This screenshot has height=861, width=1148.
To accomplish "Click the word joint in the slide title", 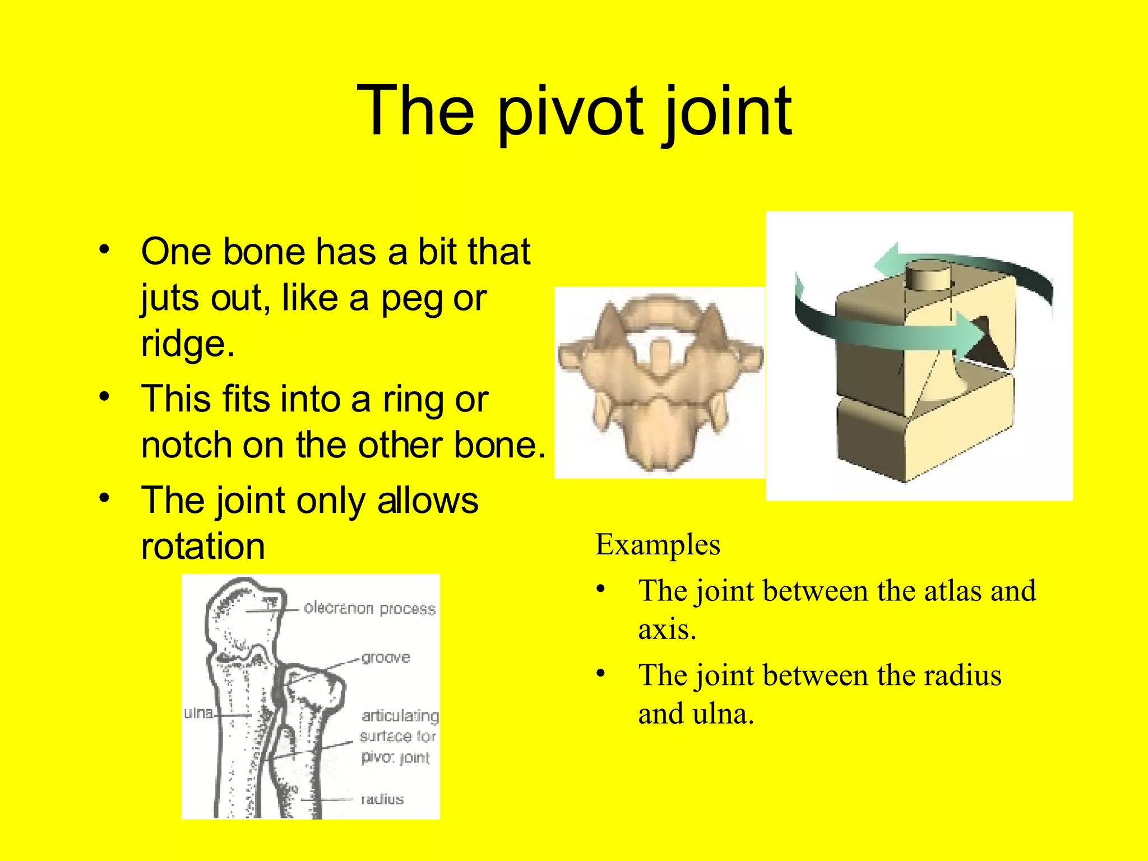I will pos(727,112).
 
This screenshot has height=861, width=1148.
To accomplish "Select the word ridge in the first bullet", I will pos(187,344).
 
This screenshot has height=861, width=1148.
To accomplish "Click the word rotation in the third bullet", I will pos(203,547).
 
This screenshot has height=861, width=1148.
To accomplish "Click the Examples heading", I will pos(658,545).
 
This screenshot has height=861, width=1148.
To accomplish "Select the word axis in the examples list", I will pos(666,629).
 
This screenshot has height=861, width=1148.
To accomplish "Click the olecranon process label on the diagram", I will pos(369,609).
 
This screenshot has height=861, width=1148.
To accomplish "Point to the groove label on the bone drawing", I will pos(386,658).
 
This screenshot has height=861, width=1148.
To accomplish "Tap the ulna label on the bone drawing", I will pos(198,713).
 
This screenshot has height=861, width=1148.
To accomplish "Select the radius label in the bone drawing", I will pos(382,799).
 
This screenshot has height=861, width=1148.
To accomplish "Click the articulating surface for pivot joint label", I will pos(399,737).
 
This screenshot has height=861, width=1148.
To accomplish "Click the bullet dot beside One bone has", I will pos(104,250).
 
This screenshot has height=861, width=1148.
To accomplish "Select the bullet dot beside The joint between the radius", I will pos(601,674).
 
